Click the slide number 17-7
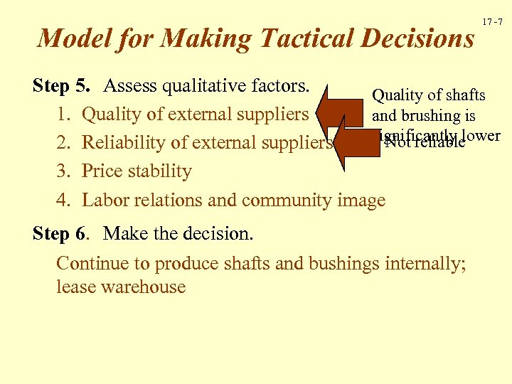point(492,22)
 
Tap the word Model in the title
point(68,38)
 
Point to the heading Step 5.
point(61,87)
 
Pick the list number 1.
point(63,114)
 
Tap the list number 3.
point(63,172)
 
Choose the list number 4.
point(63,201)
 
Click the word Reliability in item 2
point(127,143)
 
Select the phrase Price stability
point(137,172)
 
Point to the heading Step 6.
point(61,234)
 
